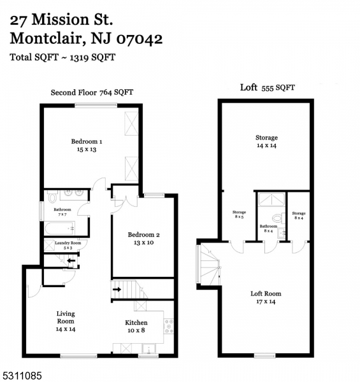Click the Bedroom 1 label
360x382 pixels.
[x=86, y=145]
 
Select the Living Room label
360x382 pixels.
[x=66, y=321]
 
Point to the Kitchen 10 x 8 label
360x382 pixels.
[x=136, y=327]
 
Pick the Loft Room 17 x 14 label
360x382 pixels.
[x=266, y=297]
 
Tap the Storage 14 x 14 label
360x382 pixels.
[x=266, y=141]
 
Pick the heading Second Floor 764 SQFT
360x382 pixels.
[x=92, y=93]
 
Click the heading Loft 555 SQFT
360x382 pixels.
[x=267, y=88]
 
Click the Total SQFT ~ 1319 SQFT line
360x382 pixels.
[x=62, y=57]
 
